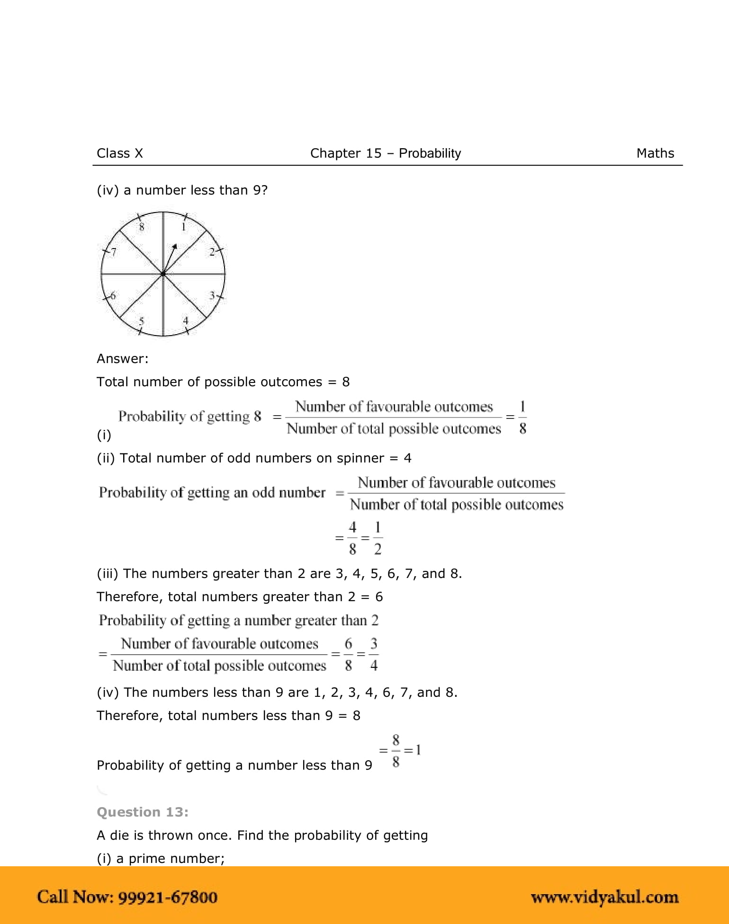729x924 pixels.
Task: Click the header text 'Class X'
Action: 119,153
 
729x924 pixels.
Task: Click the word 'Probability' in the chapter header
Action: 430,153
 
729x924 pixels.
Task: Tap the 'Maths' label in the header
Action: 655,153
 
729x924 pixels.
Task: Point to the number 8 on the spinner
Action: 141,227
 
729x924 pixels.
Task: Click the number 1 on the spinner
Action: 184,227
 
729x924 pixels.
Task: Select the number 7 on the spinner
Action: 113,252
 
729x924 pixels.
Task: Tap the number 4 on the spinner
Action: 186,320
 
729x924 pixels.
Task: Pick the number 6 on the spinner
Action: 113,296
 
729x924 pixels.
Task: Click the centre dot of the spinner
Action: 163,274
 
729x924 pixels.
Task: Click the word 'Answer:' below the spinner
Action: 122,359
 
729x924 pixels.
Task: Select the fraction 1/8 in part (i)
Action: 522,418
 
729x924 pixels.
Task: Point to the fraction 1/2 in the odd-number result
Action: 378,538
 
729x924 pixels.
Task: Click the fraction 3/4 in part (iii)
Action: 374,655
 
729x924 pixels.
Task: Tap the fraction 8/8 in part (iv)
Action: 396,751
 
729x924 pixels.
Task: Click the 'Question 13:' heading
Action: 142,812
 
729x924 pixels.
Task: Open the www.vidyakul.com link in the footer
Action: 604,897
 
